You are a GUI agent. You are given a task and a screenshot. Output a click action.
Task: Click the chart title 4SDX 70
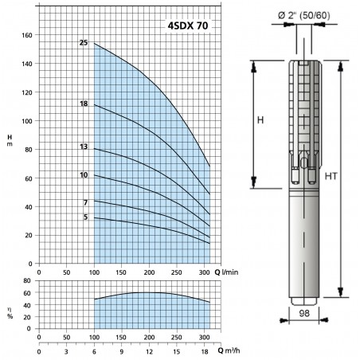point(188,25)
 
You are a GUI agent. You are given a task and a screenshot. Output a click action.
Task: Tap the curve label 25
point(84,42)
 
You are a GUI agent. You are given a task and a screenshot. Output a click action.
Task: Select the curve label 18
point(84,104)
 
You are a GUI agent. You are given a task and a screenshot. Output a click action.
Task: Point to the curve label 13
point(84,147)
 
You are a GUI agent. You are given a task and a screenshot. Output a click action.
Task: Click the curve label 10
point(84,175)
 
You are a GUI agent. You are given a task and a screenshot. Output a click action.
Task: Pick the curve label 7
point(85,202)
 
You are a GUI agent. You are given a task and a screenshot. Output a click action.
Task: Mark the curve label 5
point(85,217)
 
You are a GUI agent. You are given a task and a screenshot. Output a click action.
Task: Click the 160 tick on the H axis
point(27,35)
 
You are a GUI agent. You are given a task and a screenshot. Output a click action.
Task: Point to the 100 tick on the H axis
point(27,121)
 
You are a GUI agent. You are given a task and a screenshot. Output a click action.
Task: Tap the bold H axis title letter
point(10,137)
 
